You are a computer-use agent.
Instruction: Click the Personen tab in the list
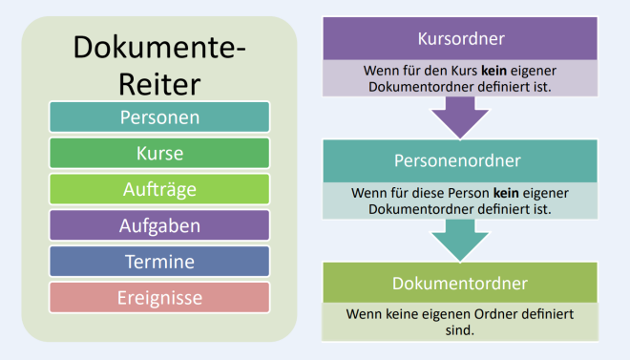pyautogui.click(x=159, y=117)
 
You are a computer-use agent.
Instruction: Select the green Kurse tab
pyautogui.click(x=159, y=153)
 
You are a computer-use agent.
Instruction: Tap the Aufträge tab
pyautogui.click(x=159, y=189)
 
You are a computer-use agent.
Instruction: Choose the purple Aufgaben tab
pyautogui.click(x=159, y=225)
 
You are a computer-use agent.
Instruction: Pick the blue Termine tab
pyautogui.click(x=159, y=262)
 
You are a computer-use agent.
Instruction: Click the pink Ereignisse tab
pyautogui.click(x=159, y=298)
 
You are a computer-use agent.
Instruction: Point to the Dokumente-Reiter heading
pyautogui.click(x=159, y=64)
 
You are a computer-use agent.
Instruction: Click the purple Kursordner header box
pyautogui.click(x=462, y=39)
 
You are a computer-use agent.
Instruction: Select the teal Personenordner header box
pyautogui.click(x=462, y=160)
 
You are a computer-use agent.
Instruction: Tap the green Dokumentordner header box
pyautogui.click(x=462, y=283)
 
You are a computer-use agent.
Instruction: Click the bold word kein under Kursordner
pyautogui.click(x=493, y=70)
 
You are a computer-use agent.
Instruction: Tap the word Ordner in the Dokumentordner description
pyautogui.click(x=496, y=313)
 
